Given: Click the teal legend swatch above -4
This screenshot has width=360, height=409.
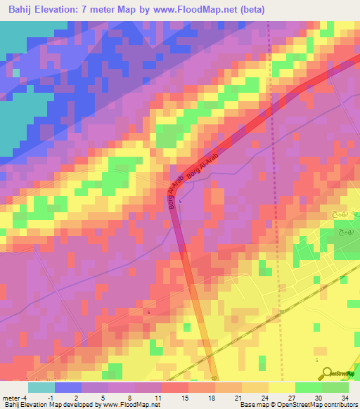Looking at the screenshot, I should (41, 387).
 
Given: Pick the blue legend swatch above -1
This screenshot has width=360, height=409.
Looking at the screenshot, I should (68, 387).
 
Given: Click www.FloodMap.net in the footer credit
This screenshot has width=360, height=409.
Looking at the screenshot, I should (132, 405).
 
